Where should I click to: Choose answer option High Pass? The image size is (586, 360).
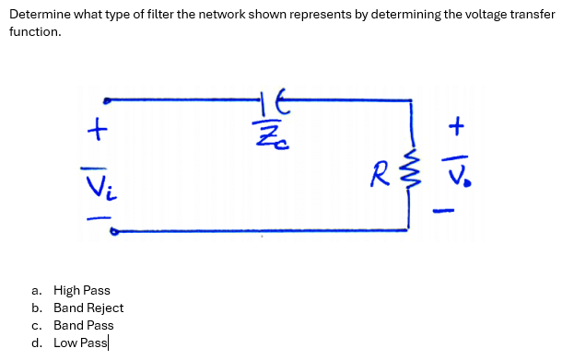(81, 290)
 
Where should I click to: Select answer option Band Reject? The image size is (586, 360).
(88, 308)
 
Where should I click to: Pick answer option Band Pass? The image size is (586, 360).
(83, 325)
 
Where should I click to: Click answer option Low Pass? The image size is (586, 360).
(80, 343)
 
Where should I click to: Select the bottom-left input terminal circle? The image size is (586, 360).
(112, 233)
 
